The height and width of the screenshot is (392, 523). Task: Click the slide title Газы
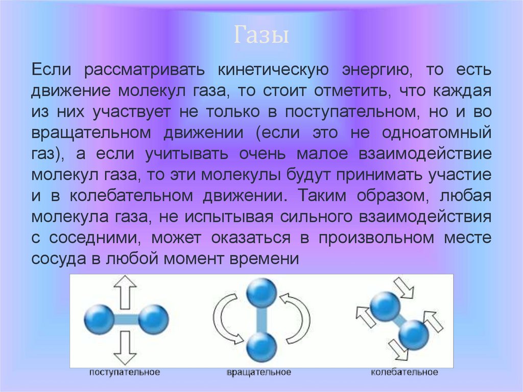(x=262, y=36)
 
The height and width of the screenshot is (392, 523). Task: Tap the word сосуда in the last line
(x=57, y=259)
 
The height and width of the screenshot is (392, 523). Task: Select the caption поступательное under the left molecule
(x=125, y=372)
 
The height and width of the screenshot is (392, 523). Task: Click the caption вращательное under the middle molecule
(x=259, y=372)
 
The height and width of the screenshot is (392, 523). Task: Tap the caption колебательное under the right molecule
(x=404, y=372)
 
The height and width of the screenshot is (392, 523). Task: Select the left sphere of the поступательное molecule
(x=98, y=319)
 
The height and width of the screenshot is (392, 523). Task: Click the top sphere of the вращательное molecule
(x=261, y=293)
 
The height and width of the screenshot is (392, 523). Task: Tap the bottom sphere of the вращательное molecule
(x=261, y=347)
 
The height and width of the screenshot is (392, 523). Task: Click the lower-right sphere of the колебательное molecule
(x=413, y=335)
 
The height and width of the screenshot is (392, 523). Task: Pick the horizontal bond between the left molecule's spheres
(x=125, y=320)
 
